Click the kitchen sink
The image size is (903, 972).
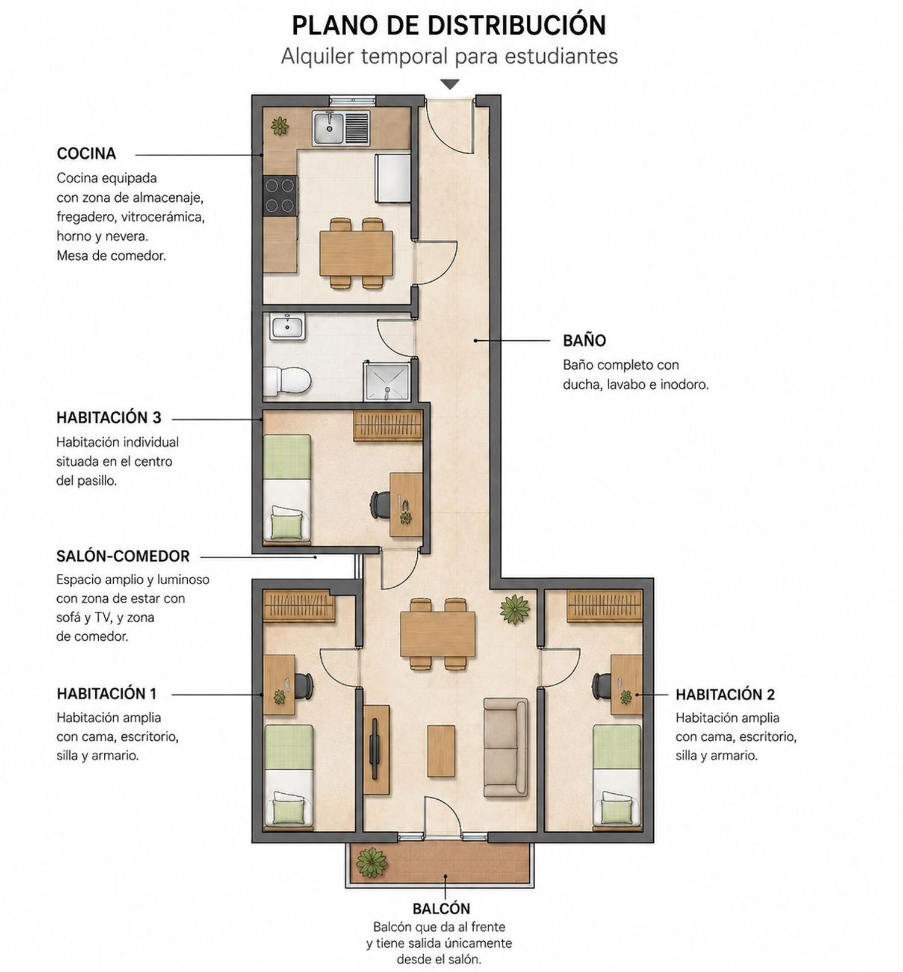[341, 128]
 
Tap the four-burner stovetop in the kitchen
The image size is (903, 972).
[281, 196]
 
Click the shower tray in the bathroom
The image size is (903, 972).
[386, 382]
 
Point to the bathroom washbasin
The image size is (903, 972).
[287, 326]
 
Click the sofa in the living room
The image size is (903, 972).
[506, 748]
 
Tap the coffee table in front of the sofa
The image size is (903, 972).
[441, 751]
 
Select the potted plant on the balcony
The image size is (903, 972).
[371, 863]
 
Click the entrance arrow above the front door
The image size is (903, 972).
[450, 84]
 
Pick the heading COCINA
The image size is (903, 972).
[86, 154]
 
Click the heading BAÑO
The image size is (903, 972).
[584, 340]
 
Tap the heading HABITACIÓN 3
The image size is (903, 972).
[109, 417]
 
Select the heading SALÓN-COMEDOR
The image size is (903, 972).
[123, 556]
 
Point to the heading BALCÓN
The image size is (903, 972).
[441, 909]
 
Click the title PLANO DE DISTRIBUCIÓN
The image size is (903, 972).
[449, 25]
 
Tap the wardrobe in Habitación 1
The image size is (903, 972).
[299, 606]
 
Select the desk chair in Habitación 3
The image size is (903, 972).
[380, 505]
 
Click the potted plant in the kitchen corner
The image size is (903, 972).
[279, 126]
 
